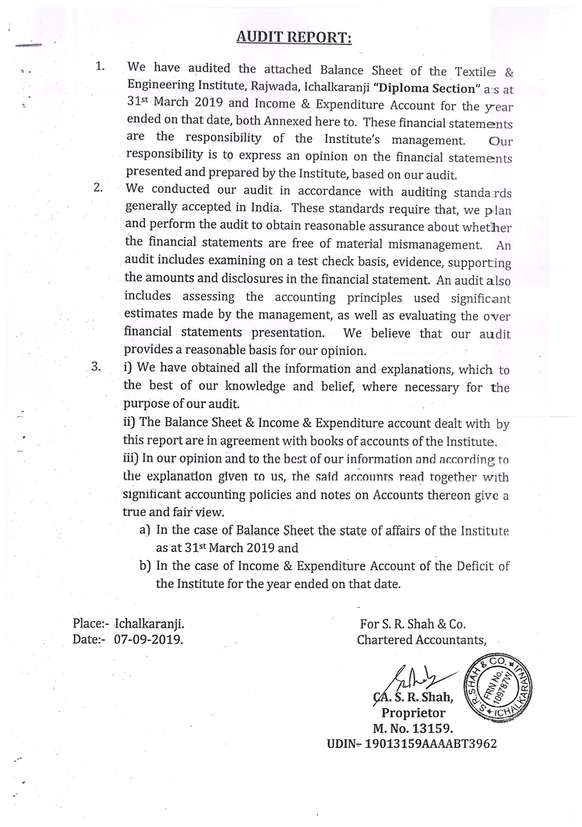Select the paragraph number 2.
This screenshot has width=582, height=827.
point(98,188)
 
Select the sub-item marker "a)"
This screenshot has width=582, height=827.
point(145,530)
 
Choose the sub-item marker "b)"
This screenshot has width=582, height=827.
point(145,565)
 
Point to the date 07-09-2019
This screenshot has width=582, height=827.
point(148,639)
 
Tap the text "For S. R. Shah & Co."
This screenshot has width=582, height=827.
point(412,624)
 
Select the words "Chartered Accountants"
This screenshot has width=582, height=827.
point(421,640)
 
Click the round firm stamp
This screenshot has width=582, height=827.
point(499,688)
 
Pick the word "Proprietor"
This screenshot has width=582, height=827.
point(413,713)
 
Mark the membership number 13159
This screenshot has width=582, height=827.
point(432,729)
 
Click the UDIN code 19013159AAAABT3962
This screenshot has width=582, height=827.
point(431,744)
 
